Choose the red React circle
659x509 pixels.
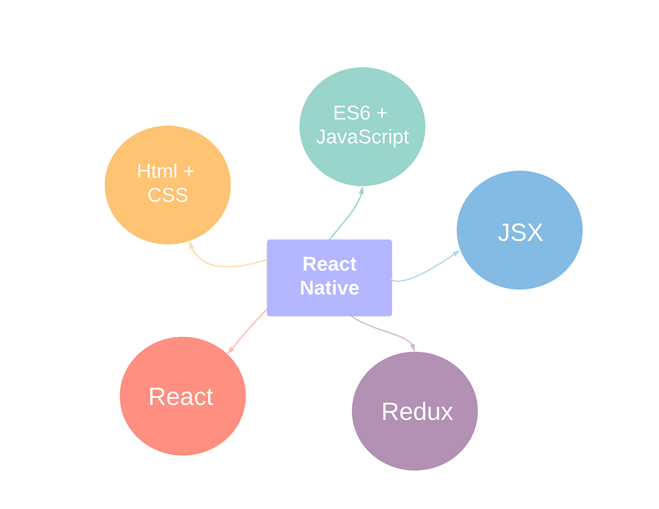(x=183, y=427)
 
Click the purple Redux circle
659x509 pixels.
(x=415, y=443)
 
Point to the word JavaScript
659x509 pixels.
(x=362, y=137)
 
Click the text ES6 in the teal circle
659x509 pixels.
(x=352, y=113)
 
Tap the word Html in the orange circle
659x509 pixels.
(x=157, y=171)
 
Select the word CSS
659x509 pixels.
(x=168, y=195)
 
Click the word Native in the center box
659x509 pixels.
(x=329, y=288)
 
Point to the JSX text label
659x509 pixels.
(x=521, y=232)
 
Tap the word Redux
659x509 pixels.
(x=417, y=412)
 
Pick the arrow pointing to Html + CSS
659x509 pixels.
(x=221, y=266)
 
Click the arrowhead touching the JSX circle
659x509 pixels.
(x=456, y=252)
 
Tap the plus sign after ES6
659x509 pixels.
(x=381, y=113)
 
